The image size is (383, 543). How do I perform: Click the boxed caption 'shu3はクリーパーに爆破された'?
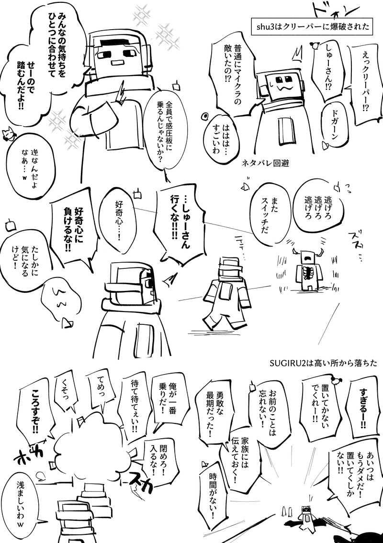(312, 26)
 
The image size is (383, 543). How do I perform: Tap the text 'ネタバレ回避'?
(265, 163)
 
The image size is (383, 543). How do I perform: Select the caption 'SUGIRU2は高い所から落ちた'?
(323, 364)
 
